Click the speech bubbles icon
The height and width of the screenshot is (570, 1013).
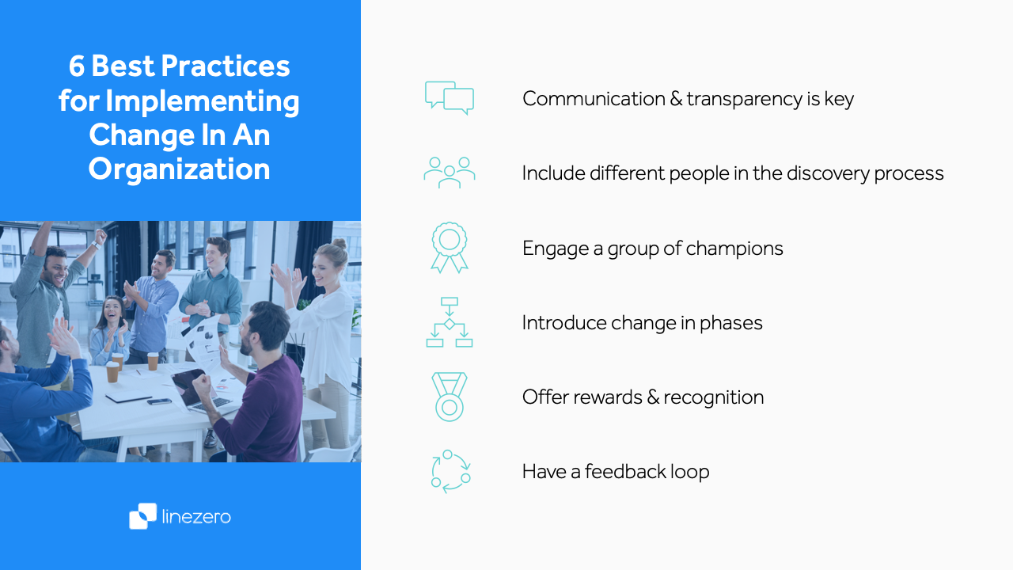tap(450, 98)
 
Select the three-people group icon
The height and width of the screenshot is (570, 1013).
tap(450, 172)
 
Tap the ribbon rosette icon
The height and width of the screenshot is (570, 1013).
tap(450, 247)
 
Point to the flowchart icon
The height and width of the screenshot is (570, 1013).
tap(450, 322)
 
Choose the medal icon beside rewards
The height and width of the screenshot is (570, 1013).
tap(450, 397)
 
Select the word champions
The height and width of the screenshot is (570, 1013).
tap(734, 249)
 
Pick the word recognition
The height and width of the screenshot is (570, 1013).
tap(714, 397)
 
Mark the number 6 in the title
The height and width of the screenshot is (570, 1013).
tap(77, 66)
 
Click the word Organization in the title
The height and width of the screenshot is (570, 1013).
tap(179, 169)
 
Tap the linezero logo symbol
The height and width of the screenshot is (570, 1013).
tap(143, 516)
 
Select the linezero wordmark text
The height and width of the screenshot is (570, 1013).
tap(196, 517)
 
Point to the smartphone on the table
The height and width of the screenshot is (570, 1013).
tap(159, 401)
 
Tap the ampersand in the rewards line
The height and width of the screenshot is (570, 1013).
tap(653, 397)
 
